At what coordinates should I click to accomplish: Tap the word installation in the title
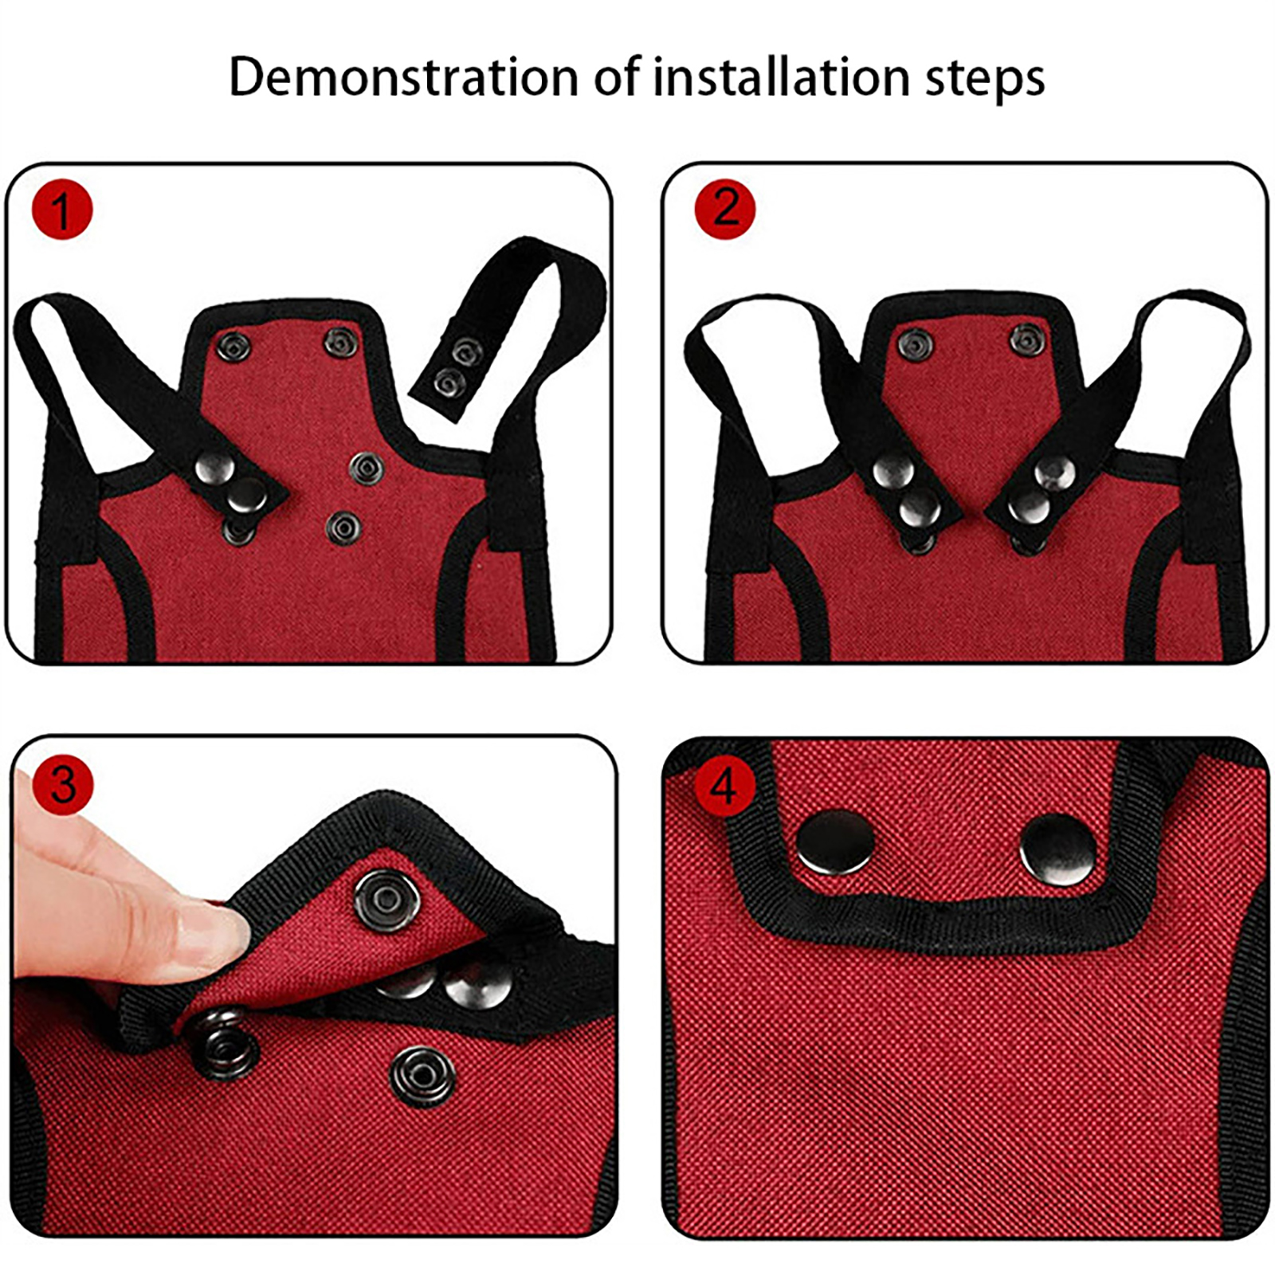pos(780,77)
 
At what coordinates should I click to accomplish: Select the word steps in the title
pos(985,80)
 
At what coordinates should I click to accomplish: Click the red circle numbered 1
pos(62,210)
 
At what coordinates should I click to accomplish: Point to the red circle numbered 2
pos(725,209)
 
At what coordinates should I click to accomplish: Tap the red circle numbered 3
pos(64,786)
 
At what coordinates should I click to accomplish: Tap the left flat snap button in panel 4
pos(834,843)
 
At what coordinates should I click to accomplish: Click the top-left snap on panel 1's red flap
pos(234,347)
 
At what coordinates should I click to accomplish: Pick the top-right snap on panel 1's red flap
pos(341,343)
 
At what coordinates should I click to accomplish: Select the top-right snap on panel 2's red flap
pos(1026,340)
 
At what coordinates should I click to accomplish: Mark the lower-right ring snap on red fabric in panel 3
pos(423,1077)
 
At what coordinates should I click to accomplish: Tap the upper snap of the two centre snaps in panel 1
pos(366,469)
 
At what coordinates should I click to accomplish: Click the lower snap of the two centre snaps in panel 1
pos(343,527)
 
